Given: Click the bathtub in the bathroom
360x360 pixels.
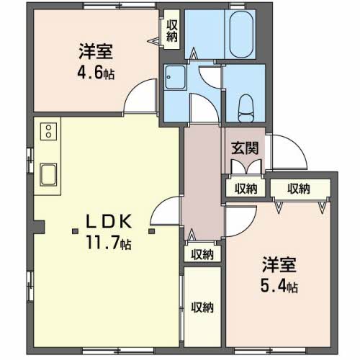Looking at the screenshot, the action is (x=241, y=35).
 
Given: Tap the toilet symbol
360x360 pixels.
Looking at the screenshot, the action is (x=246, y=108).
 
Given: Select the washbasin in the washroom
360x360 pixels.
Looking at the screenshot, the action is (x=175, y=78).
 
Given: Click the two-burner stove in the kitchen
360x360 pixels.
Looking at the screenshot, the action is (x=48, y=131).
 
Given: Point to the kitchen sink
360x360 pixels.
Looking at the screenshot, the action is (x=48, y=175).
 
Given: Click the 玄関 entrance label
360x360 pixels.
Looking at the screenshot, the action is (x=245, y=148).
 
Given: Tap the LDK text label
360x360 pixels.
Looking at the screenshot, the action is (x=109, y=221).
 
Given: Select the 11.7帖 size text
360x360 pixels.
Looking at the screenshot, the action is (x=109, y=243).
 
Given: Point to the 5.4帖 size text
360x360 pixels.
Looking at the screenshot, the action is (x=279, y=286).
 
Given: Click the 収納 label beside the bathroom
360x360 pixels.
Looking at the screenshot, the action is (x=172, y=31).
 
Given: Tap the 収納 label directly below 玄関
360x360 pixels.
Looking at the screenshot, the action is (x=246, y=189).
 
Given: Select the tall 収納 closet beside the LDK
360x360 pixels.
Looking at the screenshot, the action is (x=202, y=307).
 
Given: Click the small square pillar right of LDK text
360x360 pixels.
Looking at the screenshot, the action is (x=152, y=231).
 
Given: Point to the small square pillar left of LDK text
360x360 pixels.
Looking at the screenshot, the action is (x=76, y=231).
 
